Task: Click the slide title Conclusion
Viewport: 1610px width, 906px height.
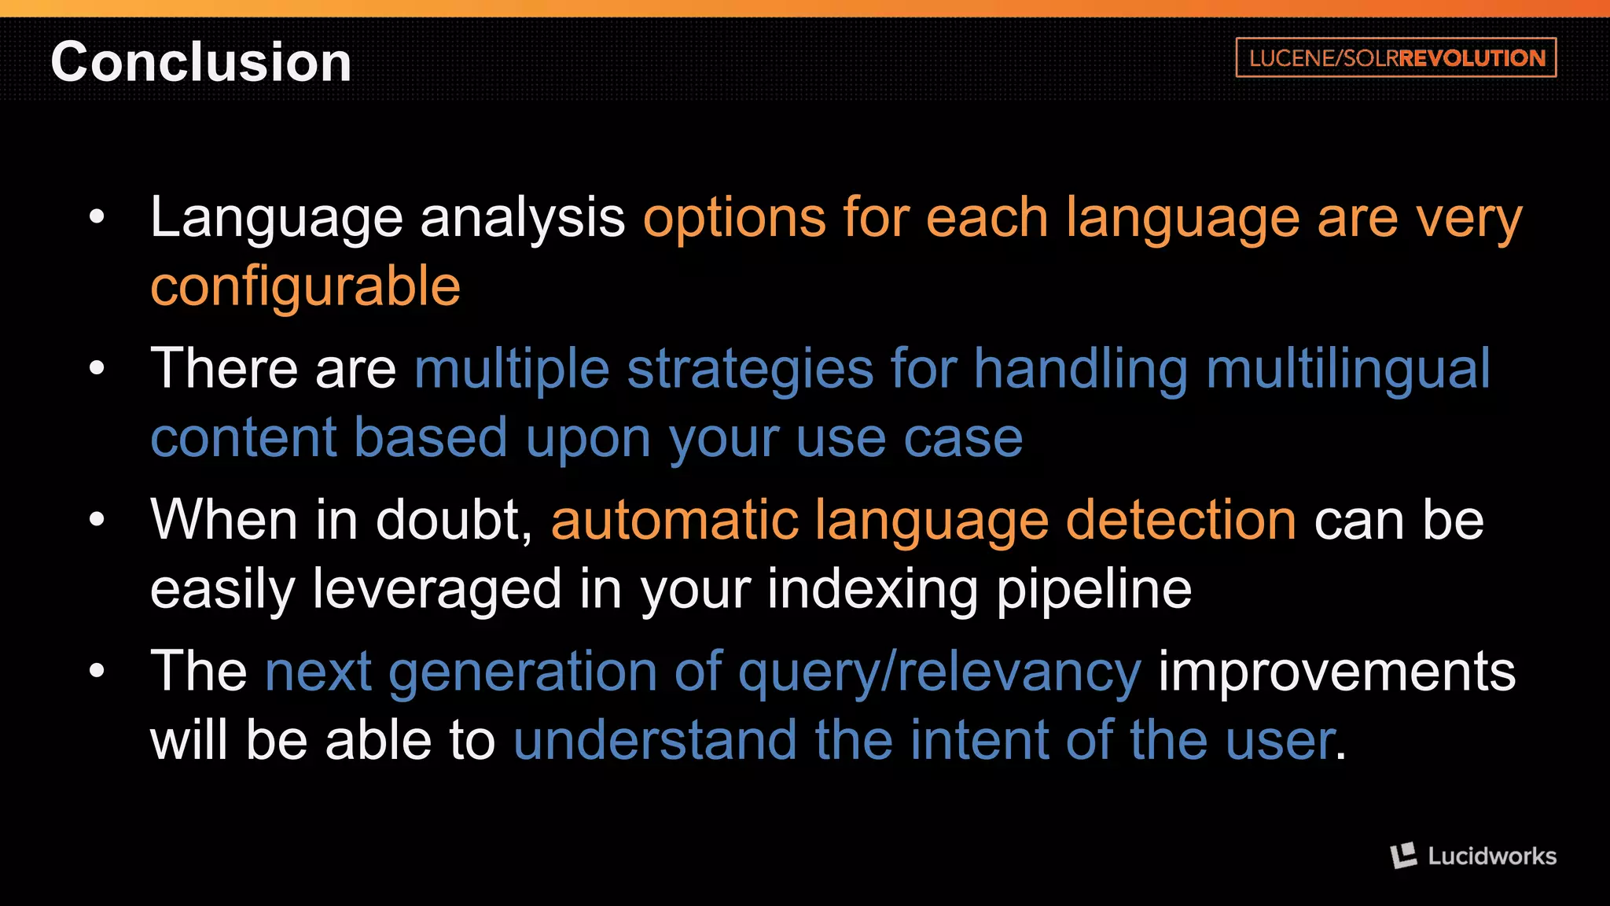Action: [x=201, y=62]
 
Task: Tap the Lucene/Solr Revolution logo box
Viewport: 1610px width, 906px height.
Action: [x=1395, y=57]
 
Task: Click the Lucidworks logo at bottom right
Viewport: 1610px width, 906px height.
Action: [x=1473, y=856]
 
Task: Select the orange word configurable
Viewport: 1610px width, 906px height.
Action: [x=305, y=286]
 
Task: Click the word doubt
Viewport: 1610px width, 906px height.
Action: [x=454, y=520]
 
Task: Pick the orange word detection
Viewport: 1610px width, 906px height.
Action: [x=1181, y=520]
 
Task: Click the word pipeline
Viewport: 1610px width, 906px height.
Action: [x=1094, y=589]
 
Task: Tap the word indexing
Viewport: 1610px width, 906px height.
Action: [x=872, y=589]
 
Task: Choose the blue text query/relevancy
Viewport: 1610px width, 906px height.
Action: [x=939, y=672]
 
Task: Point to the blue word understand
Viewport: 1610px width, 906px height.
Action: [x=655, y=740]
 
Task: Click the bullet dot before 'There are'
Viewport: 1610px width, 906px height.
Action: [x=97, y=367]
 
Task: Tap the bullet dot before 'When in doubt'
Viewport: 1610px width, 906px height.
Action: [x=97, y=519]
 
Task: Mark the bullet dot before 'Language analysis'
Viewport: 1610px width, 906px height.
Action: [x=97, y=216]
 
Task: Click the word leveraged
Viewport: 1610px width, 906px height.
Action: [x=437, y=589]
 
